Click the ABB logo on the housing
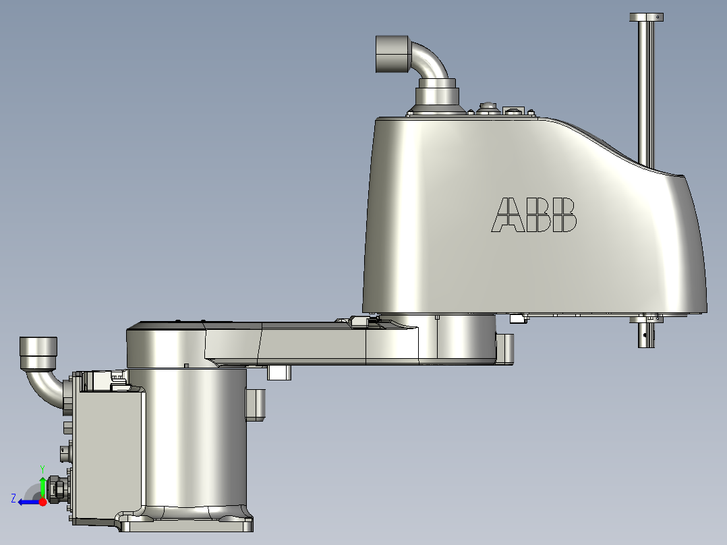pyautogui.click(x=535, y=214)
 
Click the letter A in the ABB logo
pyautogui.click(x=506, y=214)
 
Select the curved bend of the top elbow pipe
pyautogui.click(x=432, y=61)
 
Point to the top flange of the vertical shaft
pyautogui.click(x=647, y=17)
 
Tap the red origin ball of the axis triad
pyautogui.click(x=42, y=501)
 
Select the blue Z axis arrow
pyautogui.click(x=27, y=501)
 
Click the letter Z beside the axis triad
pyautogui.click(x=13, y=498)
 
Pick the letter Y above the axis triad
pyautogui.click(x=42, y=467)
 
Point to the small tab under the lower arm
pyautogui.click(x=279, y=372)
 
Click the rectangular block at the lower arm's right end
pyautogui.click(x=504, y=348)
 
